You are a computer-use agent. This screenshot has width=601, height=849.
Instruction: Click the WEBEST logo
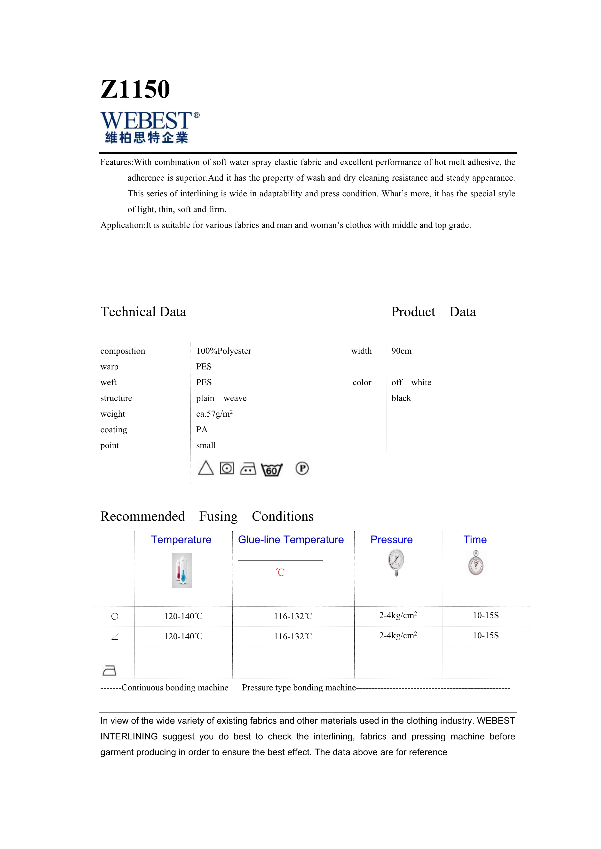point(150,127)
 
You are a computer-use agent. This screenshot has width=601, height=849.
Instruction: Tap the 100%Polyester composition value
point(223,351)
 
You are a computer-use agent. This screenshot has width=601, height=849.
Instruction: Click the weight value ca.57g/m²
point(214,414)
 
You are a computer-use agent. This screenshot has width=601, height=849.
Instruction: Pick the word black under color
point(401,398)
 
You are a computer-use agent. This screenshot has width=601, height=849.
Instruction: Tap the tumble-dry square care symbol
point(227,468)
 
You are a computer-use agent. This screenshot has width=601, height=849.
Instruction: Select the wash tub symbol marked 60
point(271,470)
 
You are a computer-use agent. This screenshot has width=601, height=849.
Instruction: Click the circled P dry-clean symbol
point(302,468)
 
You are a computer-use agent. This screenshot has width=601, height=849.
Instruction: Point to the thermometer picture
point(182,571)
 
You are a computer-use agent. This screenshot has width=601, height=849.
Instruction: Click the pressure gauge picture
point(396,562)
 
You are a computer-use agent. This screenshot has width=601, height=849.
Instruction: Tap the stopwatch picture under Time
point(475,563)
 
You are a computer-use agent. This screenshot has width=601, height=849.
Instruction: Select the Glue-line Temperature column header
point(291,540)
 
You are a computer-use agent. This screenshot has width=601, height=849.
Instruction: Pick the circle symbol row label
point(115,616)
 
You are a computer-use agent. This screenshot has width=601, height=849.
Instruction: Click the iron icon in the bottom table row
point(109,670)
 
